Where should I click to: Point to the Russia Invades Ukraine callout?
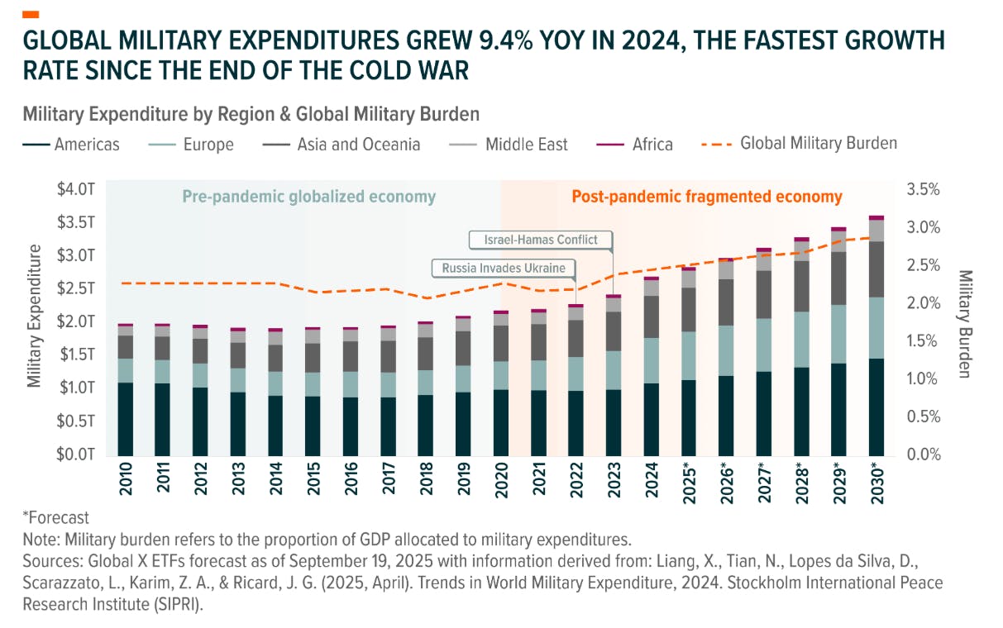coord(503,268)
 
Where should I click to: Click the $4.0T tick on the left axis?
coord(76,189)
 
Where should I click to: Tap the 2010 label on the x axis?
coord(126,479)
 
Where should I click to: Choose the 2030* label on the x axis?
coord(877,480)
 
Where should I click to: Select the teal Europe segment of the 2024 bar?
coord(652,360)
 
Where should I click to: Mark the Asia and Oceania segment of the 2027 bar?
coord(764,294)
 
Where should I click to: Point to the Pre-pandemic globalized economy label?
coord(308,197)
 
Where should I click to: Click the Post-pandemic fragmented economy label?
coord(706,197)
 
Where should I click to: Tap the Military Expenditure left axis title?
coord(34,315)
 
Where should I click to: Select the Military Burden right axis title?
coord(965,323)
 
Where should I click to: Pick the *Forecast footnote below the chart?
coord(55,518)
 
